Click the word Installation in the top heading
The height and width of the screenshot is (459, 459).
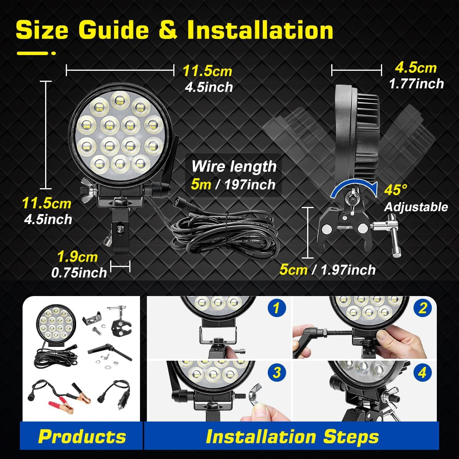tap(260, 31)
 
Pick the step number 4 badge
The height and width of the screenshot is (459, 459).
tap(422, 373)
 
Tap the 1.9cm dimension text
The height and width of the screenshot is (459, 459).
tap(77, 257)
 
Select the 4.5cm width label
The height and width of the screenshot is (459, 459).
tap(415, 68)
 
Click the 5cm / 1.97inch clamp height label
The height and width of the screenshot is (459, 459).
tap(327, 270)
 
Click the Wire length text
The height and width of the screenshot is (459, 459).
tap(234, 167)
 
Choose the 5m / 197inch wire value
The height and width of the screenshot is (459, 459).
tap(233, 185)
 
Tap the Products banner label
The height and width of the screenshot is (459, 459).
tap(82, 436)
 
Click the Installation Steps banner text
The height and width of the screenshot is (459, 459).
tap(292, 436)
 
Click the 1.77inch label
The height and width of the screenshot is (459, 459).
tap(416, 84)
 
